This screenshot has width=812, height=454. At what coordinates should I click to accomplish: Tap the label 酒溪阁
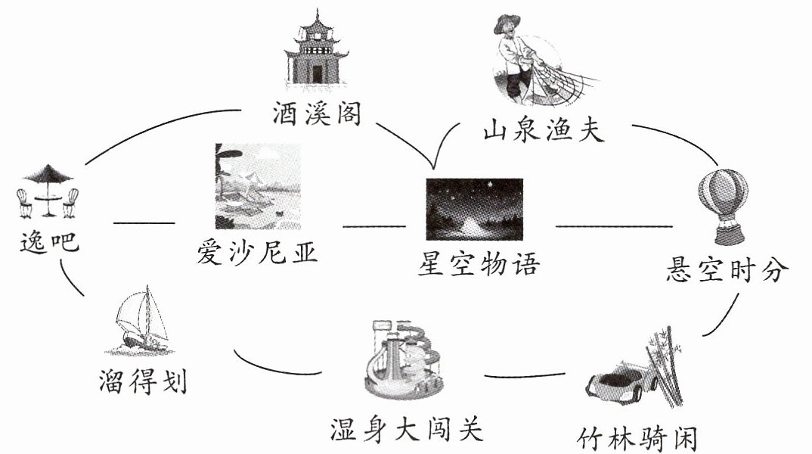click(x=317, y=113)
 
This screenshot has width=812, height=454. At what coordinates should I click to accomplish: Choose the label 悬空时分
click(x=727, y=269)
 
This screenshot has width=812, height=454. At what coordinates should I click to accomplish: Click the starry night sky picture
click(x=474, y=210)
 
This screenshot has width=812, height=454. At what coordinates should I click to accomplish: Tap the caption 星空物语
click(x=479, y=263)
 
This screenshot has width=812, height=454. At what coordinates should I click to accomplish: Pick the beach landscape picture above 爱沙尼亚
click(x=258, y=187)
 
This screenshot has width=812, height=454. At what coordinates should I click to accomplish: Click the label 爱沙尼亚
click(x=257, y=253)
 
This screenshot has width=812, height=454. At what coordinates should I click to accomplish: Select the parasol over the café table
click(x=48, y=173)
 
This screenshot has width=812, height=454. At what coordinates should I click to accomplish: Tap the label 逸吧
click(x=49, y=242)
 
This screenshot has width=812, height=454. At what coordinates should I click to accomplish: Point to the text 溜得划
click(x=143, y=382)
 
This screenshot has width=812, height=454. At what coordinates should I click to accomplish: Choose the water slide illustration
click(x=404, y=359)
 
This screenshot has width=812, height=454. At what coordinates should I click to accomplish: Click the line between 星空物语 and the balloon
click(x=614, y=226)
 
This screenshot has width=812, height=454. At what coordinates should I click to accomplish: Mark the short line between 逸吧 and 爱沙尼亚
click(x=144, y=223)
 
